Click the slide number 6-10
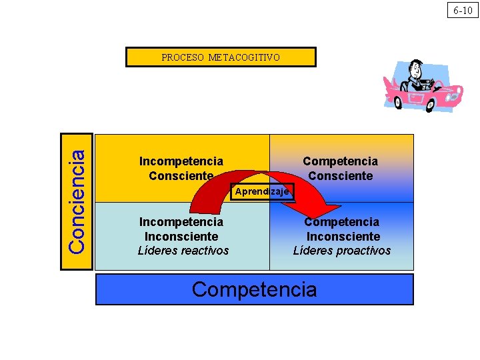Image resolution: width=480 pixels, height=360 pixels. point(462,10)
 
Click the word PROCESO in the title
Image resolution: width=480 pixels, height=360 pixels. point(183,57)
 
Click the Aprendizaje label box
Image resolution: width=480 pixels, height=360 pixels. point(262,192)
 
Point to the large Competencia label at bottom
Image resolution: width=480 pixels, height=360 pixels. point(254,289)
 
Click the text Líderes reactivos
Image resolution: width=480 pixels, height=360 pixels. point(183,251)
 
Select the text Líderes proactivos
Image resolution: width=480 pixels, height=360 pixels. point(342,251)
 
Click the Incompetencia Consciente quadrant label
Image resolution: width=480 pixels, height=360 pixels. point(181,169)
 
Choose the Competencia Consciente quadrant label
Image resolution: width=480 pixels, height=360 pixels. point(340,169)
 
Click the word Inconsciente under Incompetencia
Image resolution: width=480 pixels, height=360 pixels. point(181,237)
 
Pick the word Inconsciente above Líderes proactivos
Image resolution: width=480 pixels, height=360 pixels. point(343,237)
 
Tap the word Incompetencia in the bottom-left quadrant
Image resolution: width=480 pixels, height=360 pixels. point(181,222)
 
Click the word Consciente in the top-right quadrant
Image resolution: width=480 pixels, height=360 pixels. point(340,176)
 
